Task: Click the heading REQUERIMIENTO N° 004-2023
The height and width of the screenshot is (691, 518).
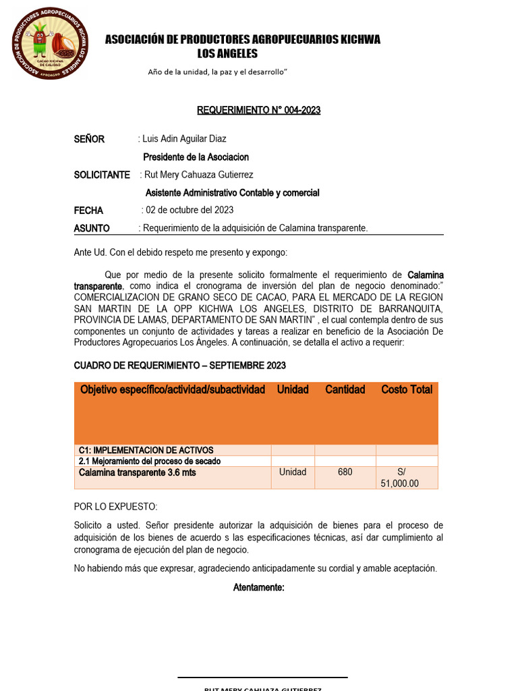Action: (x=258, y=111)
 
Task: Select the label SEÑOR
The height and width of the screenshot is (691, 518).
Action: (x=89, y=140)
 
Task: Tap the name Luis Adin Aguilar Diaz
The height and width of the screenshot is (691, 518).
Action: (x=184, y=140)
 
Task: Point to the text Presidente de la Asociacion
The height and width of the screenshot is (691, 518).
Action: (x=196, y=157)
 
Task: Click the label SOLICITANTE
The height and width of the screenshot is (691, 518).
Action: (x=102, y=175)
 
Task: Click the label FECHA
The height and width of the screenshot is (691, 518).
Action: (x=88, y=211)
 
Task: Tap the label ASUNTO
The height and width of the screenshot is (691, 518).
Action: (x=92, y=228)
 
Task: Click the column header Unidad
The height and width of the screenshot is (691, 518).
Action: (x=293, y=389)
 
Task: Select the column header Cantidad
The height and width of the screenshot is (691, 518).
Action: (x=345, y=389)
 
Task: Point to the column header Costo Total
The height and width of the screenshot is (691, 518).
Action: (x=407, y=389)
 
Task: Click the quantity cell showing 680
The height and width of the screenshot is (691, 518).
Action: (x=345, y=472)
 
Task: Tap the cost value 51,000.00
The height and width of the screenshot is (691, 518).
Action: (x=400, y=483)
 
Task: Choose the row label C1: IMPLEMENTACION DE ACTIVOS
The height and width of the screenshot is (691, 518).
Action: (x=146, y=450)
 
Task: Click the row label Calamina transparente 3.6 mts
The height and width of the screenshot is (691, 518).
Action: (x=138, y=472)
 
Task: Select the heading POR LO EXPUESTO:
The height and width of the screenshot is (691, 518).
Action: (x=115, y=507)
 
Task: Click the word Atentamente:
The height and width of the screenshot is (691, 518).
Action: (x=259, y=588)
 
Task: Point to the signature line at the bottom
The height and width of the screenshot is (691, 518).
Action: (x=262, y=677)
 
